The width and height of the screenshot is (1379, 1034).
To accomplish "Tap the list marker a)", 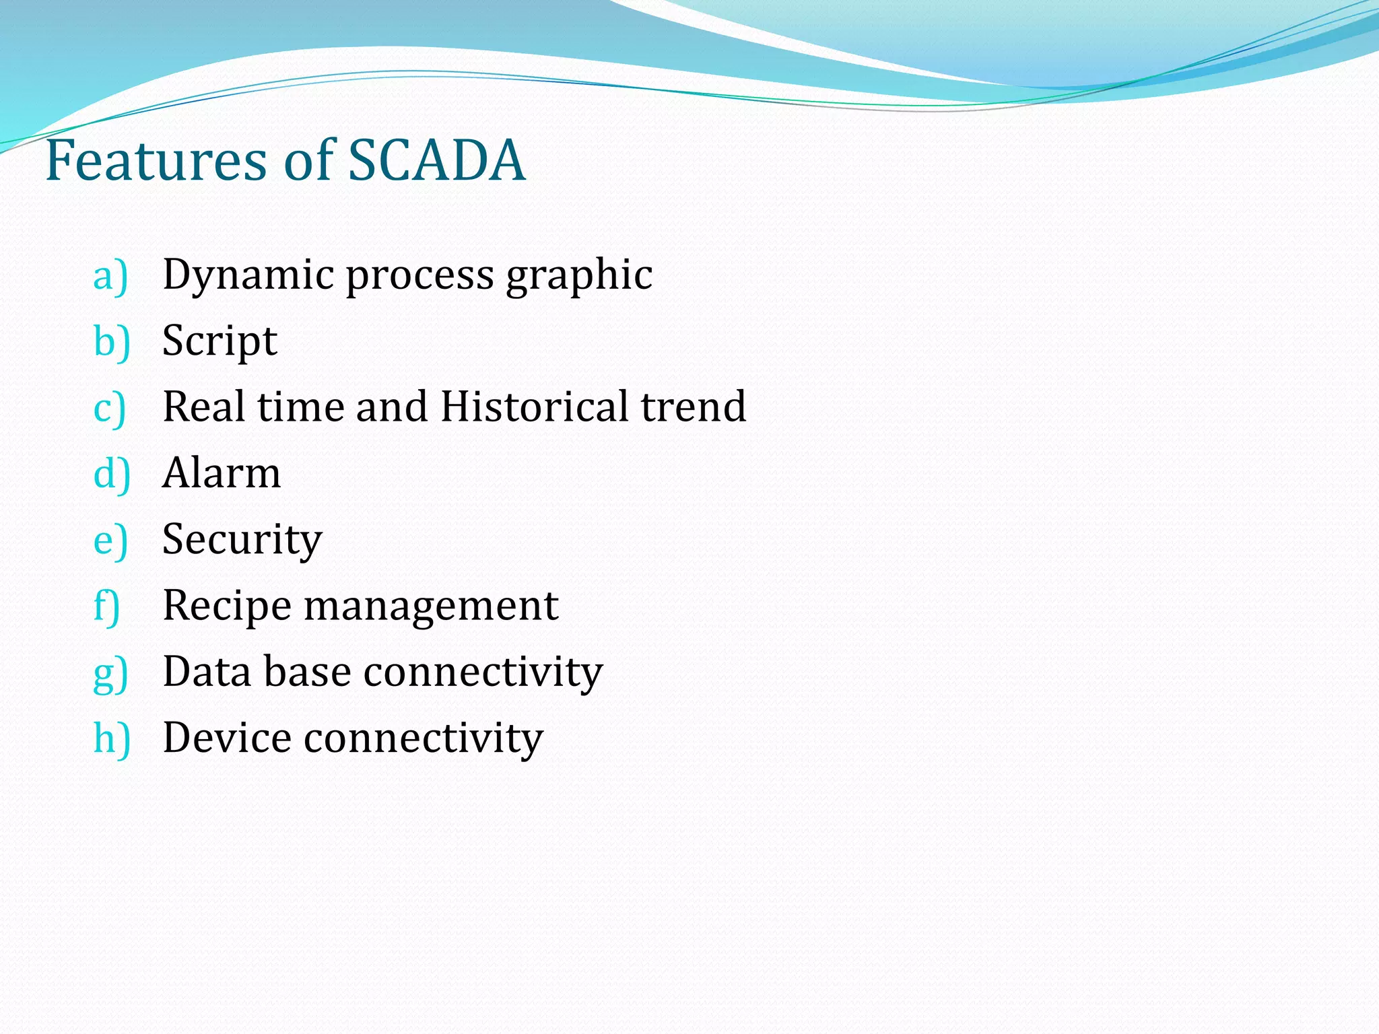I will coord(110,275).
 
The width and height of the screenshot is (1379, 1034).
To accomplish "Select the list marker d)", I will coord(112,473).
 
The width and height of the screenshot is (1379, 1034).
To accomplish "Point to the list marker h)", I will coord(112,738).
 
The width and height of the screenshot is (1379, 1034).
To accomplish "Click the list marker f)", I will coord(107,605).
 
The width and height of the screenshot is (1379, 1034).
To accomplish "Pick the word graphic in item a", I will coord(579,275).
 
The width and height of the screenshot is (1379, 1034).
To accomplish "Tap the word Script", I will coord(220,341).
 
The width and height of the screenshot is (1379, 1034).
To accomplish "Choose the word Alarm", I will coord(222,473).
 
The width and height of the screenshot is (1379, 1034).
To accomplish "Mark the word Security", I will coord(242,540).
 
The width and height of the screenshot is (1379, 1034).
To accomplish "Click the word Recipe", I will coord(227,606).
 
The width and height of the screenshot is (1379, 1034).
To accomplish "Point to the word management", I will coord(431,606).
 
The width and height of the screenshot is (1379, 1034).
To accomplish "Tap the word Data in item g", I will coord(206,671).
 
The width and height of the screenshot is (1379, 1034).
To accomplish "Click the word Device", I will coord(227,737).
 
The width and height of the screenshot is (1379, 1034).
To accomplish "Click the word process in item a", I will coord(419,275).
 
